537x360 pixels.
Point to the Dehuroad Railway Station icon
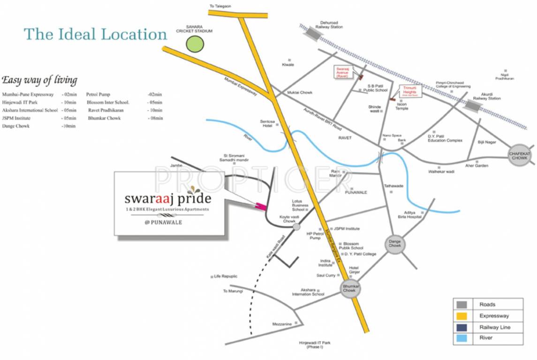coord(310,33)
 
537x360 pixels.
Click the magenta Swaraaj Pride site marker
coord(260,206)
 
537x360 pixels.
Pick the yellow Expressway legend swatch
coord(463,316)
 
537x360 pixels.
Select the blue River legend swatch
coord(463,338)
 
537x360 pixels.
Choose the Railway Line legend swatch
coord(463,327)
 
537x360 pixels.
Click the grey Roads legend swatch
coord(463,305)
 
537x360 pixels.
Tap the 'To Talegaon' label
coord(220,6)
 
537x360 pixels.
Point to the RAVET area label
coord(345,138)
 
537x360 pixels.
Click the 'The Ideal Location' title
coord(96,34)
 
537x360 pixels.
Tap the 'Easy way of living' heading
coord(39,80)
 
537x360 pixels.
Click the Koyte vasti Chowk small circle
coord(296,227)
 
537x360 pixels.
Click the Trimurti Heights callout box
coord(410,91)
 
